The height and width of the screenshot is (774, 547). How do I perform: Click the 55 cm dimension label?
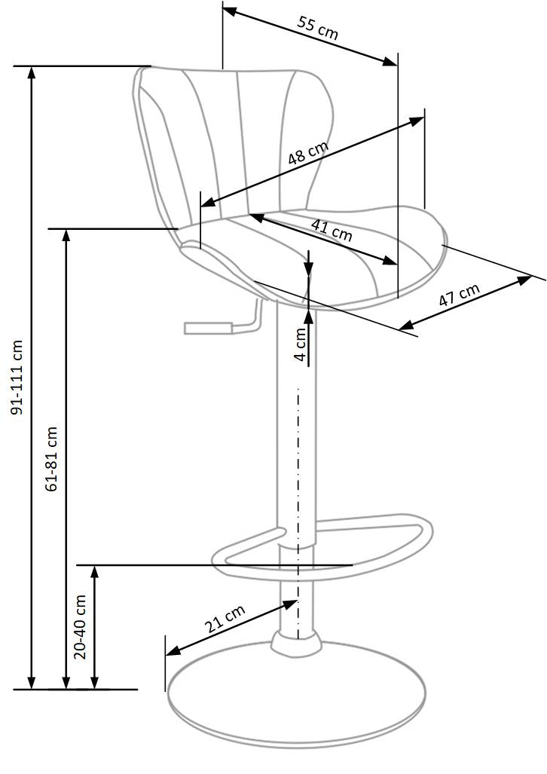click(x=317, y=28)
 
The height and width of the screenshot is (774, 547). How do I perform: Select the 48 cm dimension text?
click(x=308, y=153)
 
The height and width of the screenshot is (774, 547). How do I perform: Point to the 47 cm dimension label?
click(x=460, y=294)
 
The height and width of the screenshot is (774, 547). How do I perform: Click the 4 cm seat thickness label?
click(x=300, y=344)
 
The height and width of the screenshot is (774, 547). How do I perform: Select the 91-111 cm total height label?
click(x=17, y=377)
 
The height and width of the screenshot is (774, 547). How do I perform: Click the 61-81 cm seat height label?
click(x=51, y=460)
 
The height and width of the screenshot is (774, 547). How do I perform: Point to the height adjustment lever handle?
click(x=207, y=328)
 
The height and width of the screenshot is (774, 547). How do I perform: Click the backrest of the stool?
click(x=234, y=136)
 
